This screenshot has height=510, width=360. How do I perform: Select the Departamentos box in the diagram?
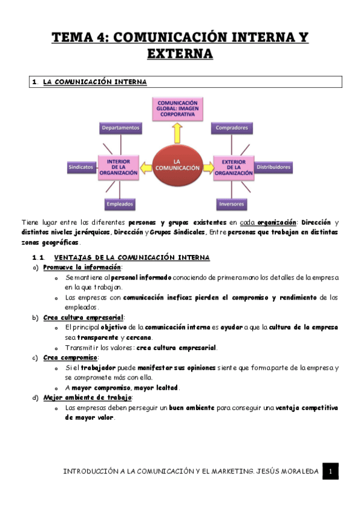click(x=121, y=128)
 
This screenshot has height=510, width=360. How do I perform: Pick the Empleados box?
click(x=120, y=204)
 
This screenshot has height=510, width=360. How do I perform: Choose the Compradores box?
click(x=233, y=128)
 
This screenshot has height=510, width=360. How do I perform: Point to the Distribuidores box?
click(x=273, y=167)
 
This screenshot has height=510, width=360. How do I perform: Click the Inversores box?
click(x=231, y=204)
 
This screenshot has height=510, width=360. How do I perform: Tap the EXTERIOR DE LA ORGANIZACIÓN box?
click(x=233, y=167)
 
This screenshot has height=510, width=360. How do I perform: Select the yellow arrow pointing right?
click(x=207, y=167)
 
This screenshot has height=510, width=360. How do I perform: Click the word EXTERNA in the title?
click(x=180, y=54)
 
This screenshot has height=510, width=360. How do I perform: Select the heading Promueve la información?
click(x=82, y=267)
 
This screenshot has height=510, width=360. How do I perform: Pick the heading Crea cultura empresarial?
click(x=84, y=317)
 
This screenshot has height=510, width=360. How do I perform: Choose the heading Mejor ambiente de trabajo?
click(x=88, y=398)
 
